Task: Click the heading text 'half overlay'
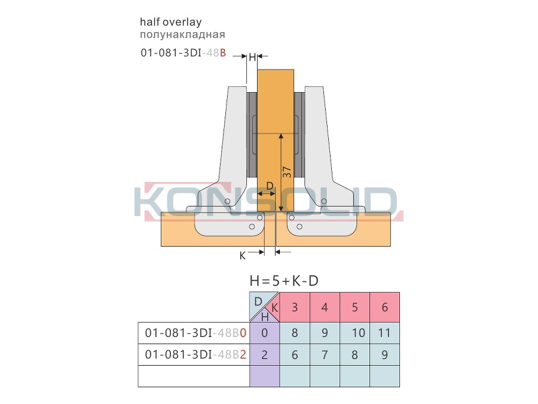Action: pos(170,22)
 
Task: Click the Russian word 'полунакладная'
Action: pos(182,35)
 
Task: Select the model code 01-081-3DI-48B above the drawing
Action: pos(184,53)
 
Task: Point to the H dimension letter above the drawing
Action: pos(252,57)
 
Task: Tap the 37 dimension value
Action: pos(286,172)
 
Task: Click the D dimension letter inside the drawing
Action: pos(270,186)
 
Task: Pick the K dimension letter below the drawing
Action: pos(242,256)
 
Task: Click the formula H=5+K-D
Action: pos(284,281)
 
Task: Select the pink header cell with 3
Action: pos(295,307)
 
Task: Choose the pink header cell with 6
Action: pos(384,307)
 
